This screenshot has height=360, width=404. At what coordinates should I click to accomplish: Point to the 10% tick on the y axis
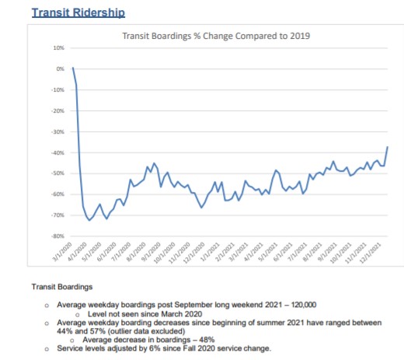(58, 48)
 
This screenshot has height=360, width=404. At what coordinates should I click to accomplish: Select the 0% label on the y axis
(60, 69)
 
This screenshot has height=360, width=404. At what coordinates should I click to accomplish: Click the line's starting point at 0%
(72, 68)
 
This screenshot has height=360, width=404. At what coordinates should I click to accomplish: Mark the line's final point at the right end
(388, 147)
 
